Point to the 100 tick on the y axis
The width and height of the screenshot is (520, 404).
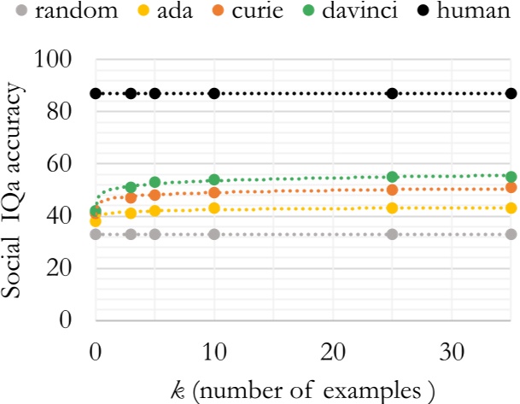(x=58, y=60)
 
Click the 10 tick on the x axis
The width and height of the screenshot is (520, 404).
(x=214, y=353)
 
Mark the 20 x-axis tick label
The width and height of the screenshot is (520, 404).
(x=333, y=353)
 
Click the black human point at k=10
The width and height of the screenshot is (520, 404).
(x=214, y=93)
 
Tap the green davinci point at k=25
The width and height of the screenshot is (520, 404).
(x=393, y=177)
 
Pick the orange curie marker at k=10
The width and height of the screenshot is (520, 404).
(x=214, y=192)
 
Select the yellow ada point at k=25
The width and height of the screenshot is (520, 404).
(x=393, y=208)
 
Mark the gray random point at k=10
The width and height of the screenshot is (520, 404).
(x=214, y=234)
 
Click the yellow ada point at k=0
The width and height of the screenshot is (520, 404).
(x=96, y=221)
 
